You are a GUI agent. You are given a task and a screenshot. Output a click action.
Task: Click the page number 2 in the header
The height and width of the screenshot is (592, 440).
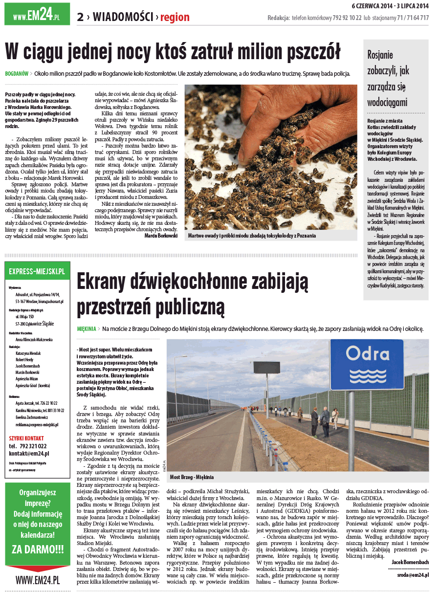(x=80, y=18)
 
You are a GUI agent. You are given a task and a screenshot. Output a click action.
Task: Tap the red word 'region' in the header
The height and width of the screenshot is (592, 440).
(x=175, y=18)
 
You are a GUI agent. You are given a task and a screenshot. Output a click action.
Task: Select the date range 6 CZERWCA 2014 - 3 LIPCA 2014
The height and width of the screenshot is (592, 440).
(x=390, y=6)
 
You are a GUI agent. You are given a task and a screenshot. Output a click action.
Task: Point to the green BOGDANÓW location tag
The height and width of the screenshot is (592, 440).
(x=17, y=74)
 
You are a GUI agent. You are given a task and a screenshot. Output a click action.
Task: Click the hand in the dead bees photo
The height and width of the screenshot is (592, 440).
(x=274, y=112)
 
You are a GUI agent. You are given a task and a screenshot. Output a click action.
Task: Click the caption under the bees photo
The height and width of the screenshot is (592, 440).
(x=252, y=236)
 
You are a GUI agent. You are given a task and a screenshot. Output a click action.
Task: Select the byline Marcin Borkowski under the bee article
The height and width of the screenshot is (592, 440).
(x=161, y=236)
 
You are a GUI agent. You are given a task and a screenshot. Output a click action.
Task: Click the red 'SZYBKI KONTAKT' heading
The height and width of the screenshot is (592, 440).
(x=26, y=438)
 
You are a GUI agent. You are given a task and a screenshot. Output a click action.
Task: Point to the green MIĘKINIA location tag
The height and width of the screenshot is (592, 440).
(x=87, y=329)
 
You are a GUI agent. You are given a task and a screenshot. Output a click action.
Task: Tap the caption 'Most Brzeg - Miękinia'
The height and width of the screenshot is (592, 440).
(x=192, y=477)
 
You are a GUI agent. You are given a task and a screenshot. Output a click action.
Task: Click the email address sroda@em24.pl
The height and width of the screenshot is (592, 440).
(x=413, y=575)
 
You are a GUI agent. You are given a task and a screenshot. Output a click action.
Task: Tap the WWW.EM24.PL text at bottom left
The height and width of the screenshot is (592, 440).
(x=38, y=581)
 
